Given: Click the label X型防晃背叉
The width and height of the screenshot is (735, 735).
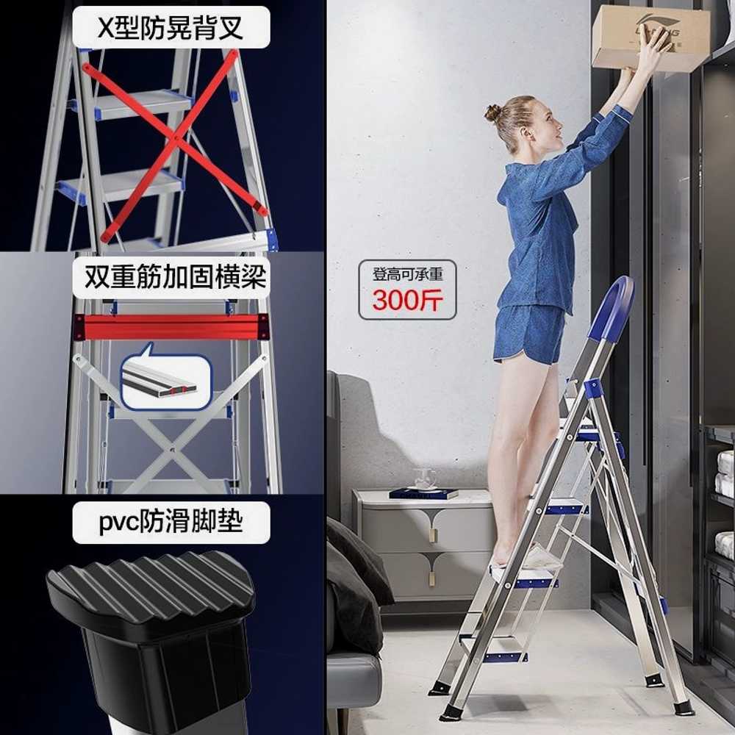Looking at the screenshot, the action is [x=171, y=27].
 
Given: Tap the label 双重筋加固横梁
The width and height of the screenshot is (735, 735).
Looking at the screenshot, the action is [x=176, y=277].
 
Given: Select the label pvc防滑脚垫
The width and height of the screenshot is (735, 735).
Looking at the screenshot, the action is [x=171, y=522].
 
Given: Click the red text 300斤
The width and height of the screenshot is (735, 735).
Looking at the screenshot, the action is [x=407, y=300].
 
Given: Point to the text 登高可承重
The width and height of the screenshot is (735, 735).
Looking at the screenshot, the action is [x=407, y=274].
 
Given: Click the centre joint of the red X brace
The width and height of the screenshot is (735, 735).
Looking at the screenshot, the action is [x=176, y=138].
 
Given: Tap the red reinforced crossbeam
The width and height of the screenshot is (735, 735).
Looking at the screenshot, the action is [x=171, y=327].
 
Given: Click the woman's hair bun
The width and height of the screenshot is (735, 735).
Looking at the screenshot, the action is [x=492, y=113].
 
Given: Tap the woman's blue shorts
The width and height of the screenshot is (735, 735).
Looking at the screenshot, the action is [x=528, y=334].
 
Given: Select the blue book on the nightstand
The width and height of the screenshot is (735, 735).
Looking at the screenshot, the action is [x=424, y=493].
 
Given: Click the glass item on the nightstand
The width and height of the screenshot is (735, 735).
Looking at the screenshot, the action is [x=424, y=478].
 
